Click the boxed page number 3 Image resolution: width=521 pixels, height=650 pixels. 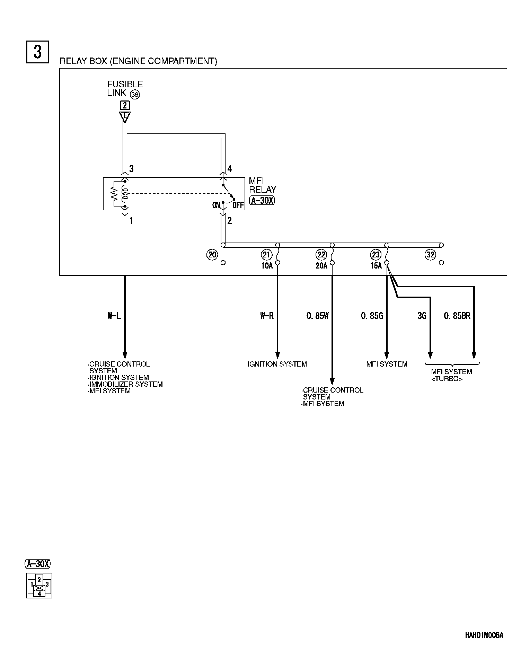pos(37,52)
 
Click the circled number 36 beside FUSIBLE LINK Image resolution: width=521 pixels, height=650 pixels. pos(135,94)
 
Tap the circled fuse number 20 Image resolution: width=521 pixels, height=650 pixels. pos(212,255)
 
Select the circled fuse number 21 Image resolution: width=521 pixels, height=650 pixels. pos(266,255)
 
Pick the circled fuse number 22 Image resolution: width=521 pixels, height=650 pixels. pos(321,255)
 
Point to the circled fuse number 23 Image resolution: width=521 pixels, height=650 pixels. pos(376,255)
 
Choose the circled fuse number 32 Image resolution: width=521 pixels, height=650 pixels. pos(430,255)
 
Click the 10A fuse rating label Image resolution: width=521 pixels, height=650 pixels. pos(267,266)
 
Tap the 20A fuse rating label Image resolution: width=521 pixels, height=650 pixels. pos(321,266)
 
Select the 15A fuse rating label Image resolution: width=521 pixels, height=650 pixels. pos(376,266)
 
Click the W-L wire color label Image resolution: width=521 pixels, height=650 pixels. pos(114,316)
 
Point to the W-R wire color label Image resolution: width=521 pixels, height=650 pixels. pos(267,316)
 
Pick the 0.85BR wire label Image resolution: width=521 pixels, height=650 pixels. pos(457,316)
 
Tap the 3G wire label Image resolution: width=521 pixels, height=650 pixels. pos(422,316)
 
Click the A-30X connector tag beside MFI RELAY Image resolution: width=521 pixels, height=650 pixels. pos(262,200)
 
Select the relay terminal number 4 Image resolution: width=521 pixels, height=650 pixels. pos(230,169)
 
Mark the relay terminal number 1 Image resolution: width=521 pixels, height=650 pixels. pos(131,220)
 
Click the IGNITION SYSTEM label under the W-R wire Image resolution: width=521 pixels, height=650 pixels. pos(277,364)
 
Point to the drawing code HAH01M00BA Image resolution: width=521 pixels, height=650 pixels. pos(484,635)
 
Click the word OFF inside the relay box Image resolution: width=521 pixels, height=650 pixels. pos(238,205)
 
